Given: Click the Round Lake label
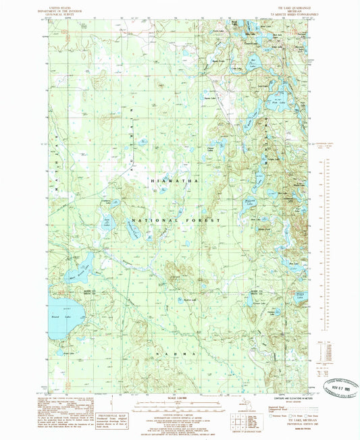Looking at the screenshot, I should pos(57,315).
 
